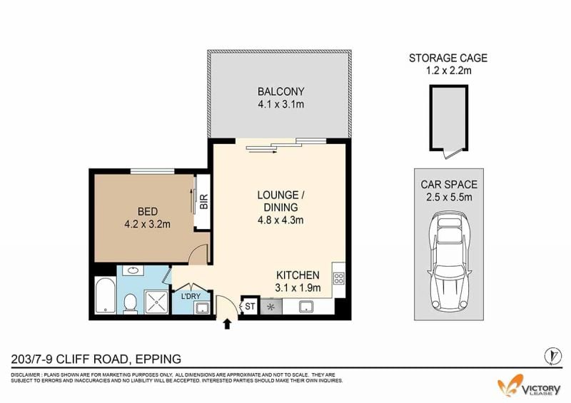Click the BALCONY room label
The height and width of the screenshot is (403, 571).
click(x=281, y=91)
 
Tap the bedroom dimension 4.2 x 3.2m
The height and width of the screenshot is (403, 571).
click(x=148, y=224)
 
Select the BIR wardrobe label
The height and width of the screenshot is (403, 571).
click(x=203, y=202)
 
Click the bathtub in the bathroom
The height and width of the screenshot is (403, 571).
click(x=106, y=295)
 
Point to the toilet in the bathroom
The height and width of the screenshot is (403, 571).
click(x=130, y=304)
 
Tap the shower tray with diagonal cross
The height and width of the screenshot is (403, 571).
click(x=157, y=302)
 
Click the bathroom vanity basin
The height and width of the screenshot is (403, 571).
click(x=133, y=270)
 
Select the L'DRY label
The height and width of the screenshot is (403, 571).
click(x=191, y=296)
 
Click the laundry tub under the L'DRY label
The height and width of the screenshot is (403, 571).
click(x=201, y=308)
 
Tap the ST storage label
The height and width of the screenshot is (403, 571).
click(x=250, y=307)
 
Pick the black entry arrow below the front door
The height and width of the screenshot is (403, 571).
click(x=227, y=324)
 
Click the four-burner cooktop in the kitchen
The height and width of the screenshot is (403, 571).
click(x=338, y=278)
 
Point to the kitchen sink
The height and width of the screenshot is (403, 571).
click(x=308, y=307)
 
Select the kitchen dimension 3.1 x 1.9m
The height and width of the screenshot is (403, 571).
click(x=298, y=288)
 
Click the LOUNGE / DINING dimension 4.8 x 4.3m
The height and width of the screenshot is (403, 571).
click(x=281, y=220)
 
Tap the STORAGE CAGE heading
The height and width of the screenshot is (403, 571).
click(x=448, y=58)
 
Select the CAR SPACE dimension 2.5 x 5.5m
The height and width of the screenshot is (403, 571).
click(x=449, y=197)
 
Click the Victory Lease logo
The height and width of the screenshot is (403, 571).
click(x=529, y=386)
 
